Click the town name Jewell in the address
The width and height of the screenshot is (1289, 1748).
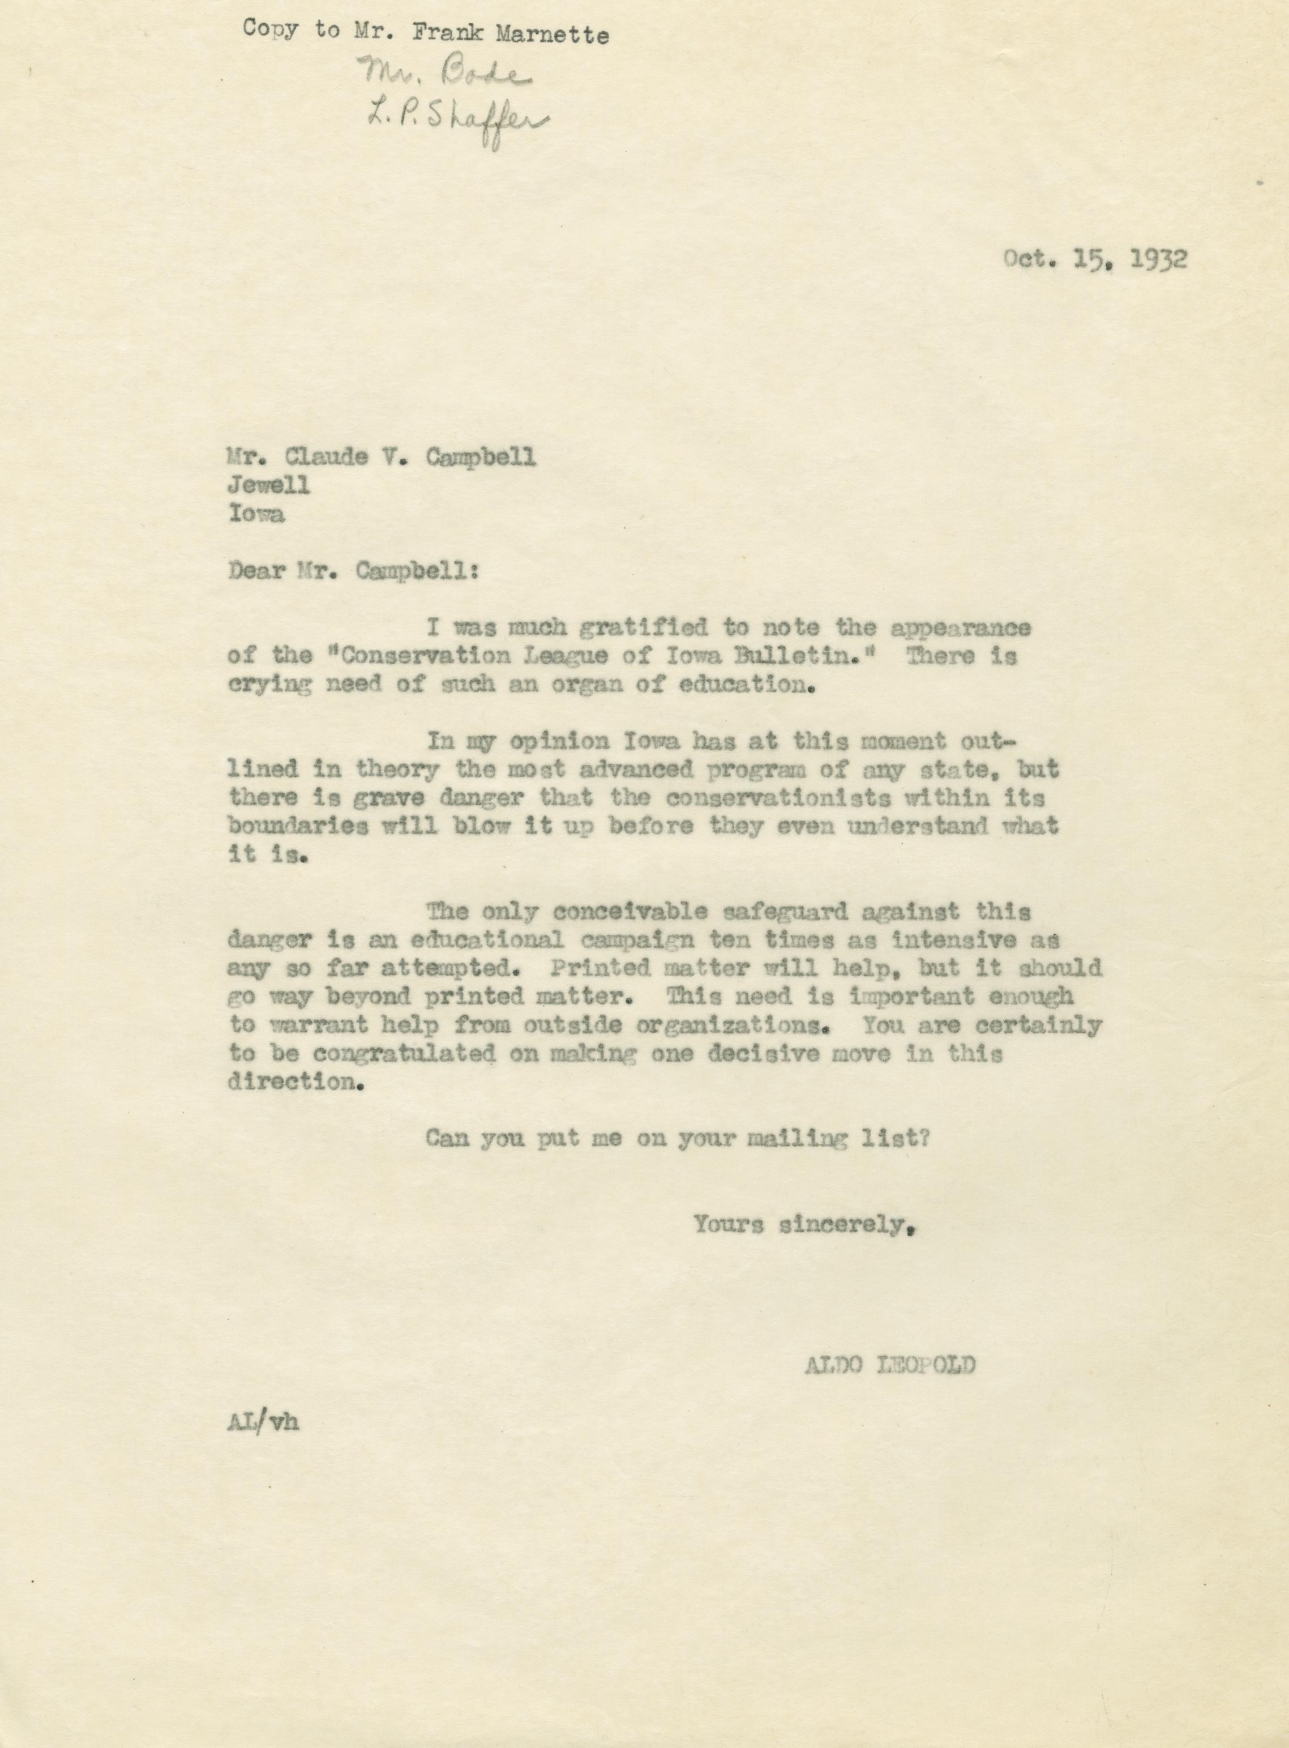pyautogui.click(x=268, y=485)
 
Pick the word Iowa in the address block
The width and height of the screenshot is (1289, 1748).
pyautogui.click(x=256, y=514)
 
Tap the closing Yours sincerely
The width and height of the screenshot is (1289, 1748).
pyautogui.click(x=804, y=1224)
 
